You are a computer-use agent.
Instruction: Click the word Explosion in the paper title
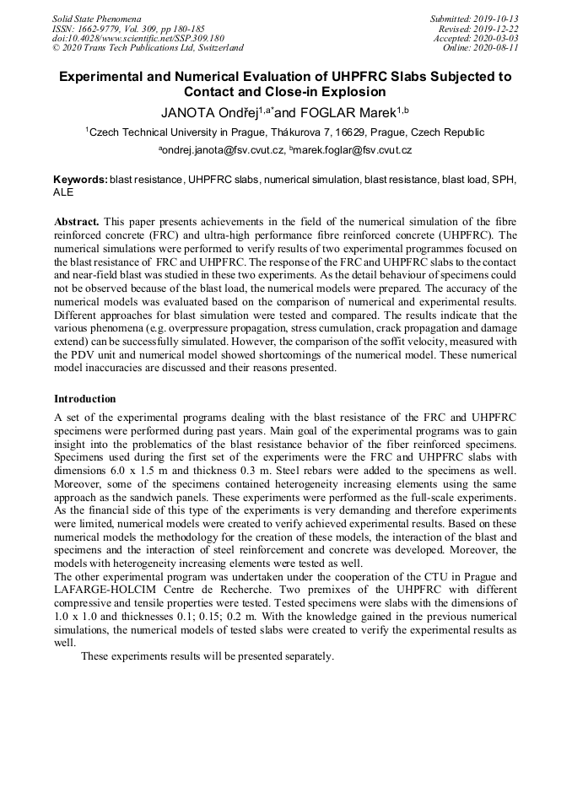click(345, 92)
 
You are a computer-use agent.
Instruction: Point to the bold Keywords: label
click(80, 180)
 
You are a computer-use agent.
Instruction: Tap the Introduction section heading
click(84, 399)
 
